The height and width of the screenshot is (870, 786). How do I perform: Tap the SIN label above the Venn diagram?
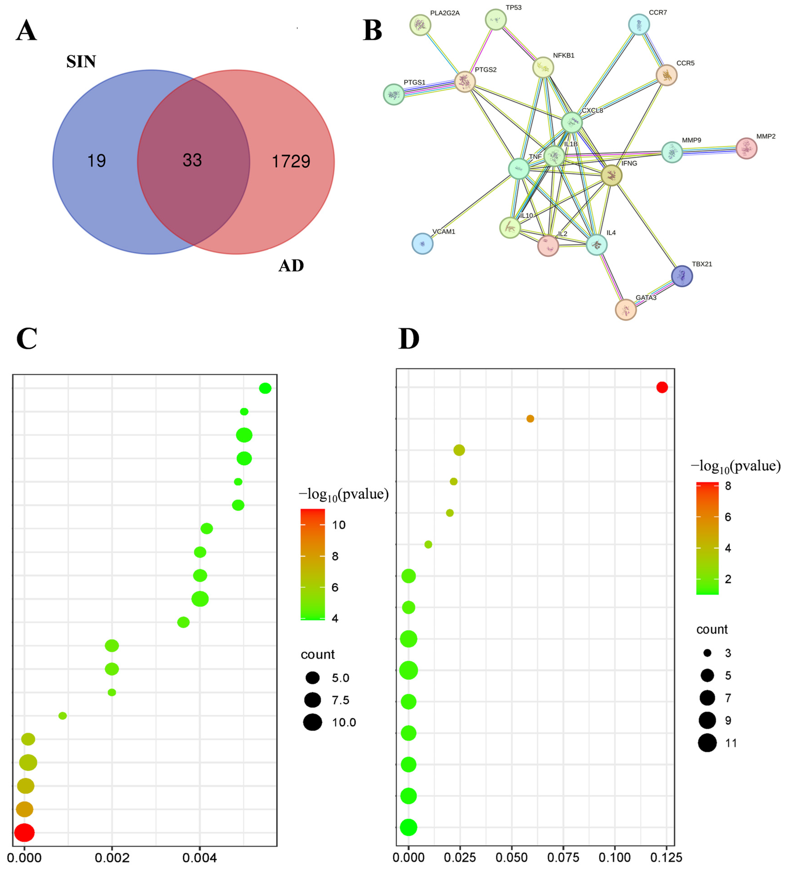(x=81, y=62)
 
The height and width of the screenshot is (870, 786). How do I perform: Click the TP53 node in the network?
(x=495, y=19)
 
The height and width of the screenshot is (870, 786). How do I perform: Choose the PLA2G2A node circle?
(x=420, y=25)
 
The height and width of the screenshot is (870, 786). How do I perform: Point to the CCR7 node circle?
(x=639, y=25)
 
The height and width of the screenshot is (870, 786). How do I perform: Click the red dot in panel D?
(x=662, y=387)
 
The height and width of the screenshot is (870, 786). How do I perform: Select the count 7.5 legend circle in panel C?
(x=312, y=700)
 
